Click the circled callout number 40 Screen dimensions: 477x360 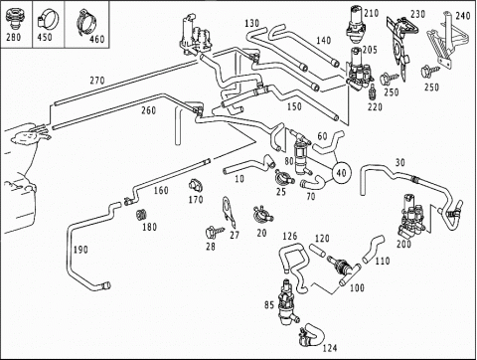point(342,173)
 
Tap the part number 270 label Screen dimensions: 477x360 point(97,81)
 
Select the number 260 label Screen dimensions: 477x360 point(148,110)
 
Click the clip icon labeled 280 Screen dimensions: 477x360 point(14,18)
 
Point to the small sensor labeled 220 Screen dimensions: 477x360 point(373,92)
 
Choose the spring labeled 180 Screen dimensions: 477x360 point(141,215)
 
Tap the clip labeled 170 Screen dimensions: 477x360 point(196,185)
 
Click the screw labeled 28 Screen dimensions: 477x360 point(215,232)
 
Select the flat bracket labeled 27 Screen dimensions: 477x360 point(229,211)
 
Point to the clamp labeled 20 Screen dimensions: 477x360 point(262,214)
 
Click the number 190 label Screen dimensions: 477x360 point(80,250)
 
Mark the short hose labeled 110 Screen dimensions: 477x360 point(374,249)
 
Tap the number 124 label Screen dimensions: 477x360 point(330,348)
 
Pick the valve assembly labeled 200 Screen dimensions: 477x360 point(411,217)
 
